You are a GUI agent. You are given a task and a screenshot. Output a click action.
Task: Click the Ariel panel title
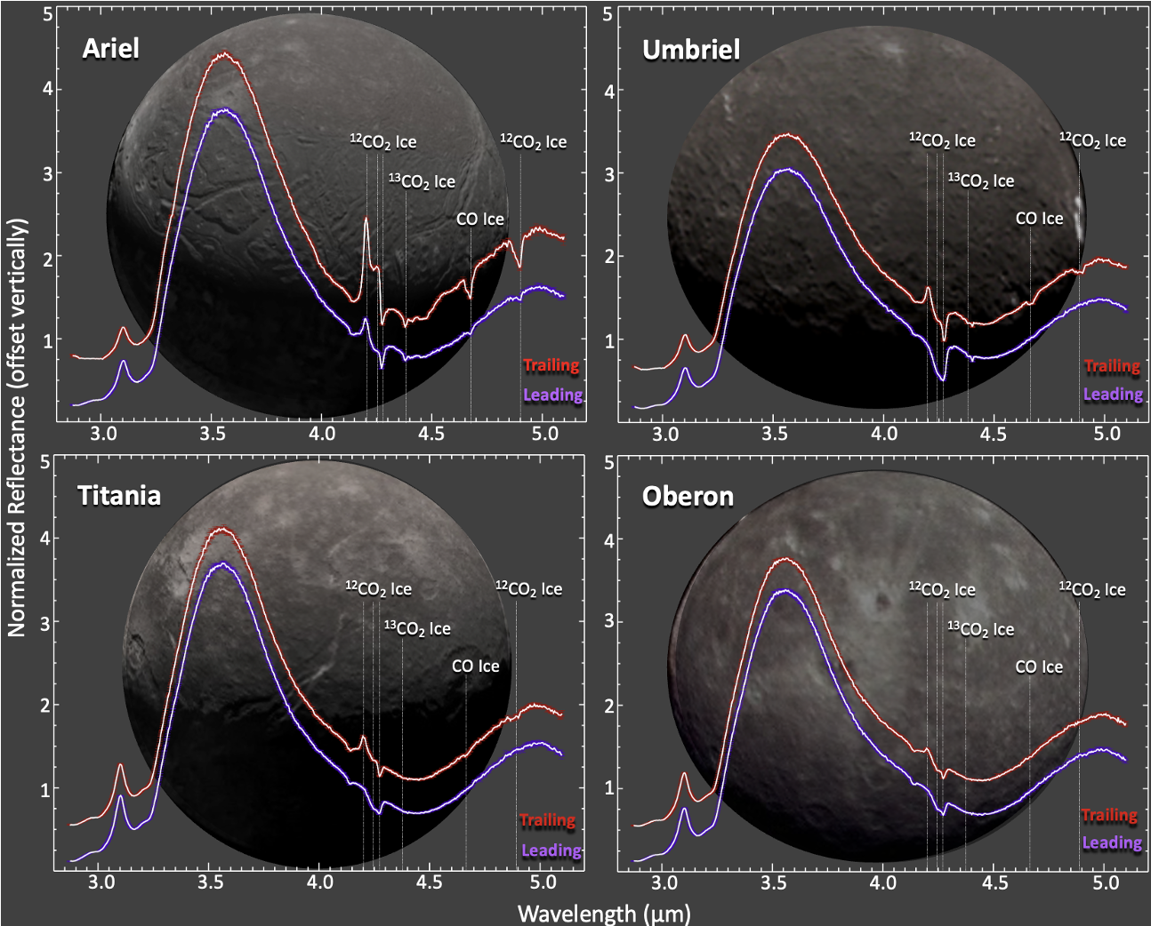pos(110,48)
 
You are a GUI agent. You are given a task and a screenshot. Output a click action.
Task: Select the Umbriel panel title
pos(691,50)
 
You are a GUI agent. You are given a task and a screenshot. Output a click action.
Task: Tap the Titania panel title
pos(119,495)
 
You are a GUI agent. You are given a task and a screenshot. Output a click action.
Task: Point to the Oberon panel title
pos(688,496)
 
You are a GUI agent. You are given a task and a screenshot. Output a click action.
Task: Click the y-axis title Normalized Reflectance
pos(17,427)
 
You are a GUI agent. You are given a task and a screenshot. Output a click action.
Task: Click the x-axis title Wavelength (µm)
pos(603,913)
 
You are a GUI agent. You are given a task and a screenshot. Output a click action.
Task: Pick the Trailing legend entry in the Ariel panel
pos(551,365)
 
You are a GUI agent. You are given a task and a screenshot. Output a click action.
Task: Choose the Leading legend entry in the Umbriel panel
pos(1112,394)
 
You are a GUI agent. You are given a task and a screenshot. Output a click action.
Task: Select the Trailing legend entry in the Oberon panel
pos(1109,815)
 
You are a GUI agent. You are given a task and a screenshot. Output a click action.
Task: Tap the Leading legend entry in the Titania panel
pos(551,850)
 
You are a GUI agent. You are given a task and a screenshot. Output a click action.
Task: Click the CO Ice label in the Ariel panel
pos(479,219)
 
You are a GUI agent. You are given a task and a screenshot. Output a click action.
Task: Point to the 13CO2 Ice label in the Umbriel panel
pos(980,180)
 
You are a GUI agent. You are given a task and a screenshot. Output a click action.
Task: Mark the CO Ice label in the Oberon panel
pos(1039,667)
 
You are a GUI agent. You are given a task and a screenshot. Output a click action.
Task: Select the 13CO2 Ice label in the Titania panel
pos(417,628)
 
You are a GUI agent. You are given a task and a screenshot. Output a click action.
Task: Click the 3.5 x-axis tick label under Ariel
pos(213,434)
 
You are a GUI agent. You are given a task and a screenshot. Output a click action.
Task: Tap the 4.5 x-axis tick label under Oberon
pos(994,882)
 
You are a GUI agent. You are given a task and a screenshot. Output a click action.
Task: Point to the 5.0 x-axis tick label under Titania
pos(543,882)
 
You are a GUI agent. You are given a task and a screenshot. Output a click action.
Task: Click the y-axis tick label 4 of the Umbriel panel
pos(608,91)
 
